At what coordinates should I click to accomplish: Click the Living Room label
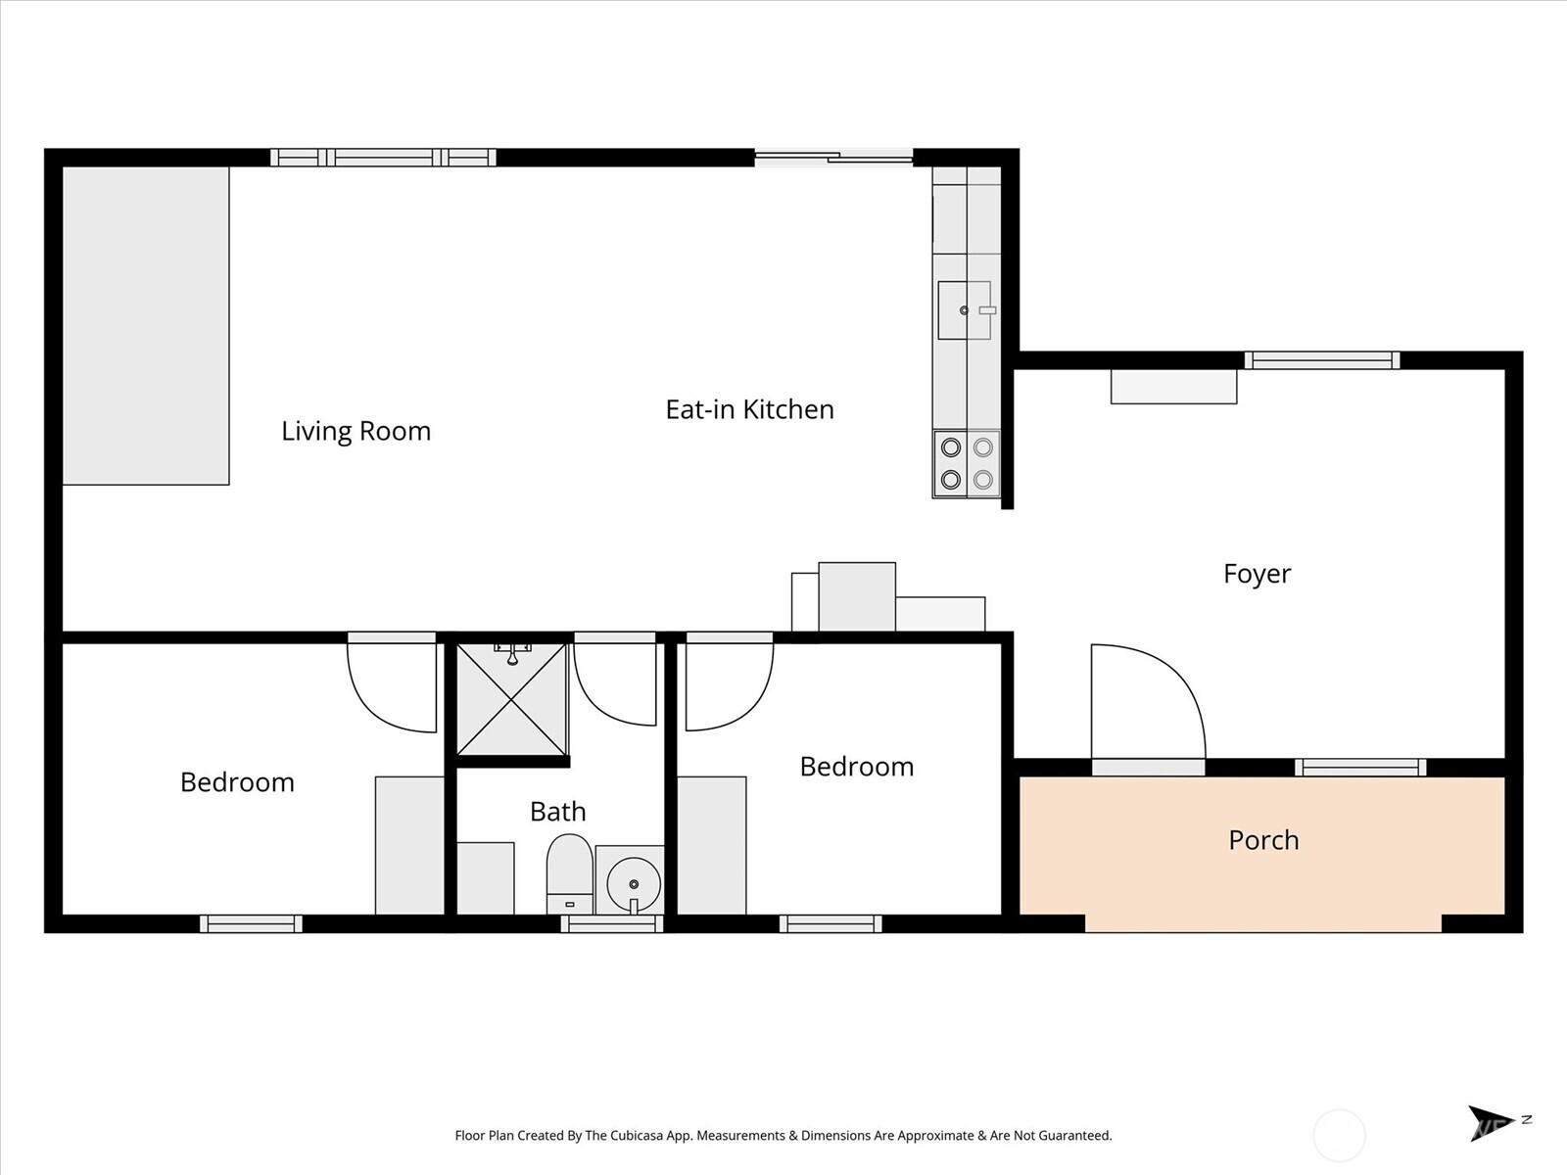(x=356, y=431)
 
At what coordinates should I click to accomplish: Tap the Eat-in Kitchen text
(x=749, y=409)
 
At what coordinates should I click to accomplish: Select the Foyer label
(x=1257, y=574)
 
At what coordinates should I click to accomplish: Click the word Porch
(x=1263, y=840)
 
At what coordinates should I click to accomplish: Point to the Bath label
(x=557, y=812)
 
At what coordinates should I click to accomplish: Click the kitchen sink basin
(x=964, y=310)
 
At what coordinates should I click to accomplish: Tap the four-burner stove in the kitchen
(x=966, y=463)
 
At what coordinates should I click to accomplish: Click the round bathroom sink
(x=633, y=881)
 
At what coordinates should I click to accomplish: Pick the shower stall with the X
(x=511, y=699)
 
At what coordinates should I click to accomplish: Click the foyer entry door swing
(x=1141, y=700)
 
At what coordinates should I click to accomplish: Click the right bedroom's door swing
(x=727, y=685)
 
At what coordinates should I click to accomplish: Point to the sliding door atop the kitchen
(x=833, y=157)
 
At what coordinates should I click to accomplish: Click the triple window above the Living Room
(x=383, y=157)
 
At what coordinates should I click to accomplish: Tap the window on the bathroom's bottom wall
(x=612, y=923)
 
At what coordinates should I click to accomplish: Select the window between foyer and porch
(x=1360, y=768)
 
